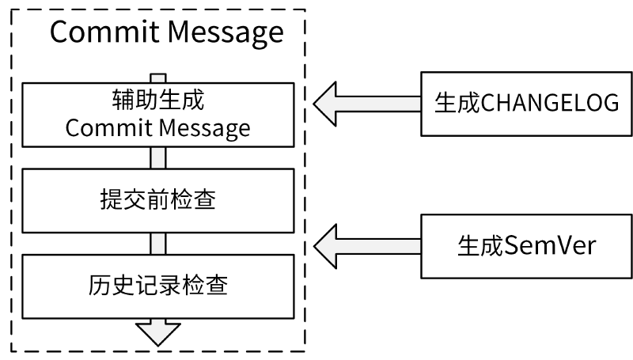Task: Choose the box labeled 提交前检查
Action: coord(157,199)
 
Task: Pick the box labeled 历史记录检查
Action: coord(157,285)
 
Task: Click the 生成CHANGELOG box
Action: coord(526,102)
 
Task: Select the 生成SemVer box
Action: coord(526,245)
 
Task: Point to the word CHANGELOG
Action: coord(551,102)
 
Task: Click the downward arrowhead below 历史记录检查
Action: coord(158,331)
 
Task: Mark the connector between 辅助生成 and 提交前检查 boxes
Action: coord(158,157)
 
